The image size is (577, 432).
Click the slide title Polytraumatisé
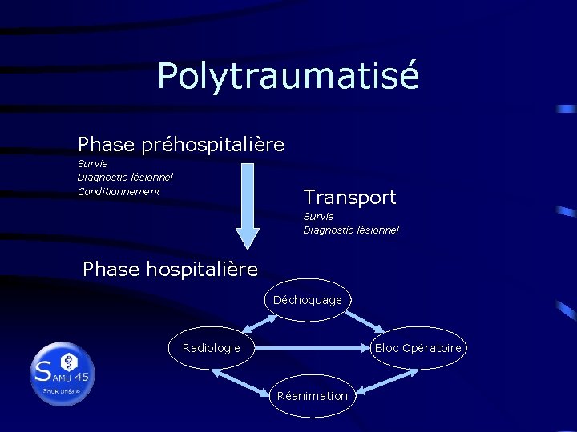pyautogui.click(x=288, y=76)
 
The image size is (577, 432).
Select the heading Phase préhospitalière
pyautogui.click(x=181, y=145)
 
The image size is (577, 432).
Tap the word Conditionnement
pyautogui.click(x=119, y=192)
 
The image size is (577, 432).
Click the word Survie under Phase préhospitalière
pyautogui.click(x=92, y=164)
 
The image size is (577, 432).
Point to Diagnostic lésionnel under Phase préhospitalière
pyautogui.click(x=125, y=178)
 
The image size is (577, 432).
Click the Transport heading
pyautogui.click(x=349, y=197)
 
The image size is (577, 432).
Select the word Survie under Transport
pyautogui.click(x=318, y=216)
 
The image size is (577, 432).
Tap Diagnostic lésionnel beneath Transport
pyautogui.click(x=350, y=230)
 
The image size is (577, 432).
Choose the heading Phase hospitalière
pyautogui.click(x=170, y=270)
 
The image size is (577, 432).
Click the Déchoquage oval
pyautogui.click(x=307, y=300)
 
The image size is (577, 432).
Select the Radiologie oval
pyautogui.click(x=211, y=348)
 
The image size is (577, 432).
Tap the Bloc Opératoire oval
pyautogui.click(x=418, y=348)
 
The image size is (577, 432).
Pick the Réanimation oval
pyautogui.click(x=312, y=396)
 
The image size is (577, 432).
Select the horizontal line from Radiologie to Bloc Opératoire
pyautogui.click(x=313, y=348)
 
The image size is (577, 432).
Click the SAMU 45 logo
pyautogui.click(x=63, y=373)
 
